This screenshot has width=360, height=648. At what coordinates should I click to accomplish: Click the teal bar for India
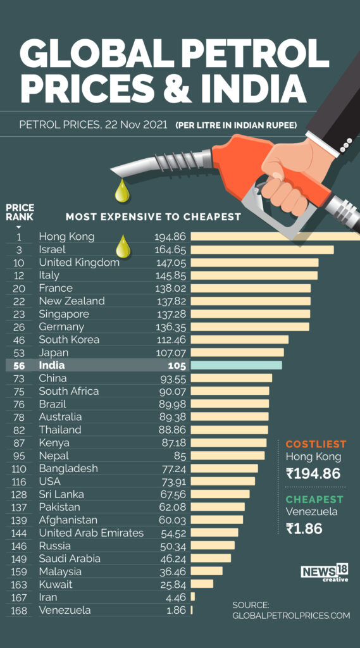(236, 365)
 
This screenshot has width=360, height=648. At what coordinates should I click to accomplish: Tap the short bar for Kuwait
(202, 584)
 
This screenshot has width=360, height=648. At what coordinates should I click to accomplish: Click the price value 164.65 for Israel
(170, 249)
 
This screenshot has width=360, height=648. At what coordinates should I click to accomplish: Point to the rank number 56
(19, 365)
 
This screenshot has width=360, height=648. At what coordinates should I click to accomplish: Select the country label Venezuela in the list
(65, 610)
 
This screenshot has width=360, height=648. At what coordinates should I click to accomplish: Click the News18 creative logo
(325, 573)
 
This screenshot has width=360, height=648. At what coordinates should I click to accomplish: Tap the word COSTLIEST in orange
(316, 444)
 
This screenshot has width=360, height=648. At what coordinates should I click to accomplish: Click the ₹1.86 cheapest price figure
(304, 528)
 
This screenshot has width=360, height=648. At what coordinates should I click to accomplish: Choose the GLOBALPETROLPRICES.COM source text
(290, 615)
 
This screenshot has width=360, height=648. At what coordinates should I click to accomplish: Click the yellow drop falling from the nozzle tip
(122, 191)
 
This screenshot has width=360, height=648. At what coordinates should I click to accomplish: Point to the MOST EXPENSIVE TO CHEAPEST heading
(153, 216)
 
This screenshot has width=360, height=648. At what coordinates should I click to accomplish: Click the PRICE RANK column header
(20, 212)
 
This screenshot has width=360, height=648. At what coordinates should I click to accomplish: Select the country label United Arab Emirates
(91, 533)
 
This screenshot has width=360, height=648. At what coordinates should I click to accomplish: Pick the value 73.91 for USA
(171, 481)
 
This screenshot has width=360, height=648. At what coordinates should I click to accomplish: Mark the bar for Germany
(250, 327)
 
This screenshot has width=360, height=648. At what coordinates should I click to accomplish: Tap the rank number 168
(19, 610)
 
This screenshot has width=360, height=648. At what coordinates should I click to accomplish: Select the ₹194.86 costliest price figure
(313, 473)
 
